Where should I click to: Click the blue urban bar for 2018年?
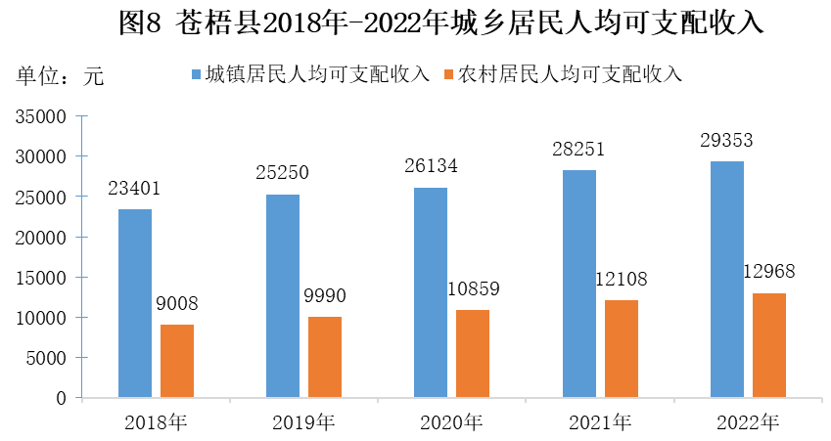point(135,303)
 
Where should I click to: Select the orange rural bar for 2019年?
point(325,357)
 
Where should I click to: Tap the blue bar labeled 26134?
point(430,292)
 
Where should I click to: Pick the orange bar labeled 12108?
point(622,348)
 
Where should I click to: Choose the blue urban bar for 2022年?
point(726,280)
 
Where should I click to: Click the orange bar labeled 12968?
point(768,345)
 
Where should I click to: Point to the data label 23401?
point(135,188)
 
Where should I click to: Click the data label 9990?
point(325,296)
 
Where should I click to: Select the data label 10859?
point(473,289)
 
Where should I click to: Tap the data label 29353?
point(726,140)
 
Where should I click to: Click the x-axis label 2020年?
point(450,422)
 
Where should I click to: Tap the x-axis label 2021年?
point(598,422)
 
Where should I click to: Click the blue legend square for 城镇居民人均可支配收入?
point(196,74)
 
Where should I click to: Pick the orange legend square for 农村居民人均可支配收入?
point(449,74)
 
